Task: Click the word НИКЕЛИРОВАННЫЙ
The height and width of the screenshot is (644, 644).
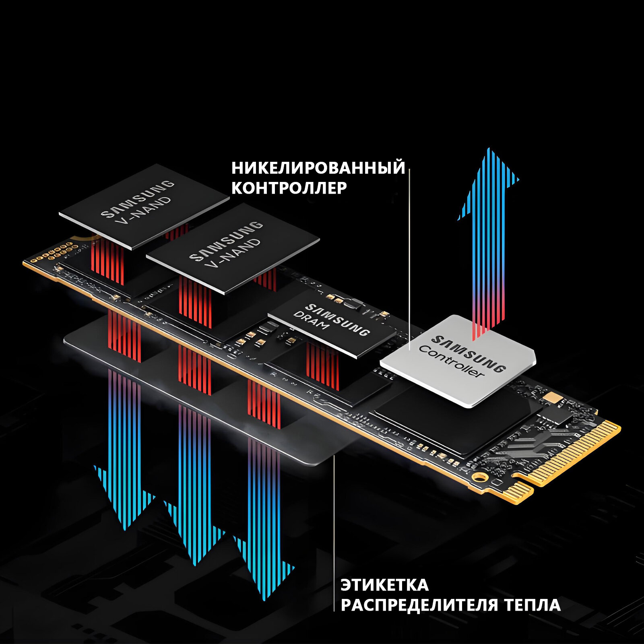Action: (x=318, y=168)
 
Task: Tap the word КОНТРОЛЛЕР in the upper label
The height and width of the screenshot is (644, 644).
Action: (x=289, y=188)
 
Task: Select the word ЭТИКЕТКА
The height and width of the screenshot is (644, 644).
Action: (x=384, y=585)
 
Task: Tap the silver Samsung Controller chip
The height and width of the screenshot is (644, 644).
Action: (x=459, y=361)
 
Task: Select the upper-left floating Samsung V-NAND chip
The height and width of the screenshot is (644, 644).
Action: (x=144, y=206)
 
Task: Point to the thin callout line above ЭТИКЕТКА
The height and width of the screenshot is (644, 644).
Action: (x=334, y=523)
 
